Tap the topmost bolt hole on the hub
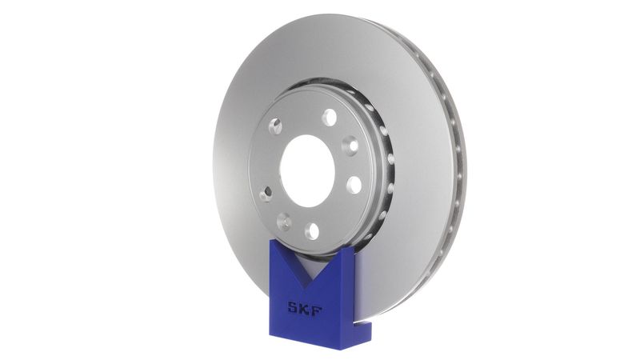[329, 118]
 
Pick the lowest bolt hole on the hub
[311, 231]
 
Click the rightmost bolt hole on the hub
[354, 185]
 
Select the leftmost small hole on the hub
[266, 193]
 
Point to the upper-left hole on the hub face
[275, 126]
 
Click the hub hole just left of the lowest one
[284, 221]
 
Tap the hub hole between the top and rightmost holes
[350, 146]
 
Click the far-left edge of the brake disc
[214, 160]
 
